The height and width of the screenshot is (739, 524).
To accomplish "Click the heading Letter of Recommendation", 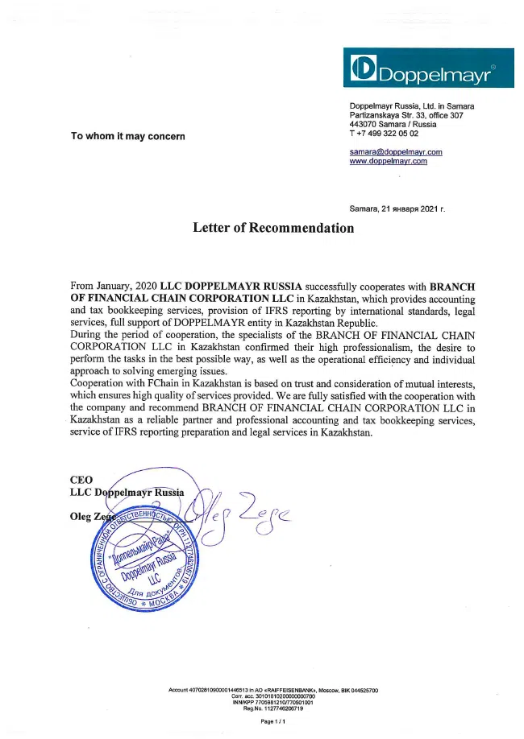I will coord(273,228).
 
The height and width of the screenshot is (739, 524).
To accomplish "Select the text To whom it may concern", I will coord(128,136).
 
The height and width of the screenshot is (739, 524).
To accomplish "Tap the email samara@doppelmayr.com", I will coord(395,151).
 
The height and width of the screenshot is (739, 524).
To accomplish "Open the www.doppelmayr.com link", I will coord(388,161).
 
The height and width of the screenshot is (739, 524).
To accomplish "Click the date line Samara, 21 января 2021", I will coord(397,208).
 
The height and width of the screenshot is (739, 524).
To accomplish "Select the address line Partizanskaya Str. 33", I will coord(406,116).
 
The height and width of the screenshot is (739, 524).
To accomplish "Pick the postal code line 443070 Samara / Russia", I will coord(393,125).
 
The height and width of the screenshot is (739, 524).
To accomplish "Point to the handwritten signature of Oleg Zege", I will coord(242,515).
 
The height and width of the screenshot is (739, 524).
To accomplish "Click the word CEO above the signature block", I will coord(81,479).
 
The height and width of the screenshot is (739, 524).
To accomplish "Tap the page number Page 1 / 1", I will coord(273,721).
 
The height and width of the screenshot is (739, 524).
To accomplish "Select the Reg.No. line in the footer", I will coord(272,708).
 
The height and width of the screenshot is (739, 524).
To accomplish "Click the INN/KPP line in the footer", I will coord(272,702).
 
